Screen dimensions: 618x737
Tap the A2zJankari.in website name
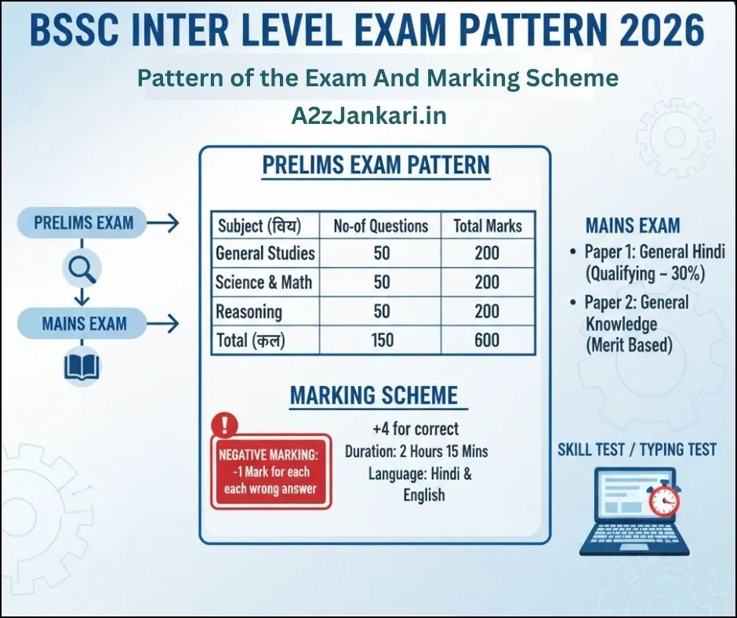point(368,115)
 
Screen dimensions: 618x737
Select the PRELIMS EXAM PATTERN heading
point(376,165)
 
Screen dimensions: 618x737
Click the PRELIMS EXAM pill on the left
point(84,223)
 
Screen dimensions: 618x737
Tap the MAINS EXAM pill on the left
point(84,323)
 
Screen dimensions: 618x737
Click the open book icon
point(82,367)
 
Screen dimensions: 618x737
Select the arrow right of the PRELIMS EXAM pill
point(163,224)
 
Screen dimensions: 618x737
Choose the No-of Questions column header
point(381,227)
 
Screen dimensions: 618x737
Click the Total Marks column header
point(487,227)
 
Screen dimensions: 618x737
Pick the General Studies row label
point(265,253)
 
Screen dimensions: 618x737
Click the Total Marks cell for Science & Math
point(487,282)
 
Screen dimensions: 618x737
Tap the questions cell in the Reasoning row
point(381,311)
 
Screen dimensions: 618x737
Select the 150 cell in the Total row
point(381,340)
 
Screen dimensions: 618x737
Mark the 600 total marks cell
point(487,340)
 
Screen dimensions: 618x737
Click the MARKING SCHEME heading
point(374,395)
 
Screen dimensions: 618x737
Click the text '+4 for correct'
point(416,429)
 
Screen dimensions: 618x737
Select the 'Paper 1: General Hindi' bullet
point(654,253)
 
